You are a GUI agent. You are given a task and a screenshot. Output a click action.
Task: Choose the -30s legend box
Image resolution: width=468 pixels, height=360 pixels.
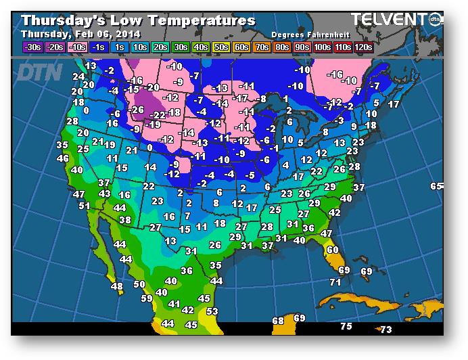pos(32,47)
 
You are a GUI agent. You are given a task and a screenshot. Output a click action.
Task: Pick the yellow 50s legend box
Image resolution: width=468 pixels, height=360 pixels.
pos(221,47)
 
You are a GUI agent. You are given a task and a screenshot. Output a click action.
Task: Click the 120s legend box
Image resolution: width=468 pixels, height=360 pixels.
pos(363,47)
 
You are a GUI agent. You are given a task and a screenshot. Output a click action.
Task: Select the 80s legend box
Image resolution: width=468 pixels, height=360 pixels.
pos(282,47)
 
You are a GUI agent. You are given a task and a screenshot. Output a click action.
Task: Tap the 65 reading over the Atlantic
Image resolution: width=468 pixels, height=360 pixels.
pos(436,186)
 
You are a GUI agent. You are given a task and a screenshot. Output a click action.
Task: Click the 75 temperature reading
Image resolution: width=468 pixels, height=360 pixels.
pos(346,327)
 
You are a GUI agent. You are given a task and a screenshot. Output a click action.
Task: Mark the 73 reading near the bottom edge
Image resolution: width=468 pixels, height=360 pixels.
pos(385,330)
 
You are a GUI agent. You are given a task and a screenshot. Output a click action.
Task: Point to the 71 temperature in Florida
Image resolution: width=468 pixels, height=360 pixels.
pos(335,282)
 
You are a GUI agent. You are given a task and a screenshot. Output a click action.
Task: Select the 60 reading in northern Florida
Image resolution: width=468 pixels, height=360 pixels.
pos(332,250)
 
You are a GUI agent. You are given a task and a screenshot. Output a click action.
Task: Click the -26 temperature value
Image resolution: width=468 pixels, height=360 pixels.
pos(137,110)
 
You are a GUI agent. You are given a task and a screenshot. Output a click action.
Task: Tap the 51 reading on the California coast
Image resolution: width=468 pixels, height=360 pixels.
pos(84,206)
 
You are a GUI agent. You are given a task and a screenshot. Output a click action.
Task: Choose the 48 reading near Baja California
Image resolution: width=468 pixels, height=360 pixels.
pos(117,287)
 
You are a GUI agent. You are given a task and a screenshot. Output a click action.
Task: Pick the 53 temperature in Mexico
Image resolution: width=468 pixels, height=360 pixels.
pos(212,311)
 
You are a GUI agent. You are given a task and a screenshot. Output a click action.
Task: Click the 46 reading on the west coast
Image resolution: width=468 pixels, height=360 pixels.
pos(63,158)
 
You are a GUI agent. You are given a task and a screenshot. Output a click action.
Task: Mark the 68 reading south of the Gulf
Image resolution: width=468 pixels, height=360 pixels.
pos(278,321)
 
